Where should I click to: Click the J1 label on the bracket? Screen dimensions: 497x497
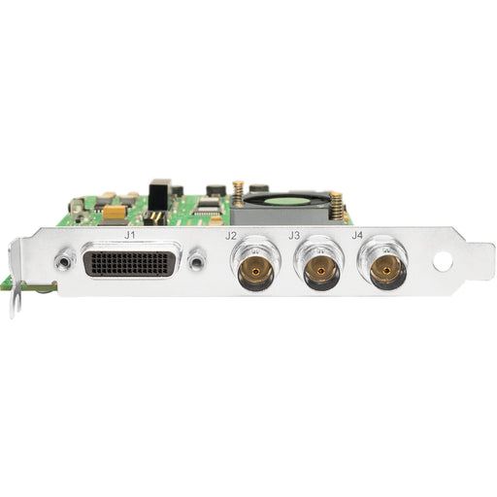pos(129,235)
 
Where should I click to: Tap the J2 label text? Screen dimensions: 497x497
pos(231,236)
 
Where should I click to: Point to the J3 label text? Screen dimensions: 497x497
pos(294,236)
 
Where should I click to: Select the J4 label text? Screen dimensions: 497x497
pos(357,235)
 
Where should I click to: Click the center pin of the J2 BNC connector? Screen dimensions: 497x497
pos(255,271)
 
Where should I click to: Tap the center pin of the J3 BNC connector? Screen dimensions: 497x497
pos(320,271)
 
